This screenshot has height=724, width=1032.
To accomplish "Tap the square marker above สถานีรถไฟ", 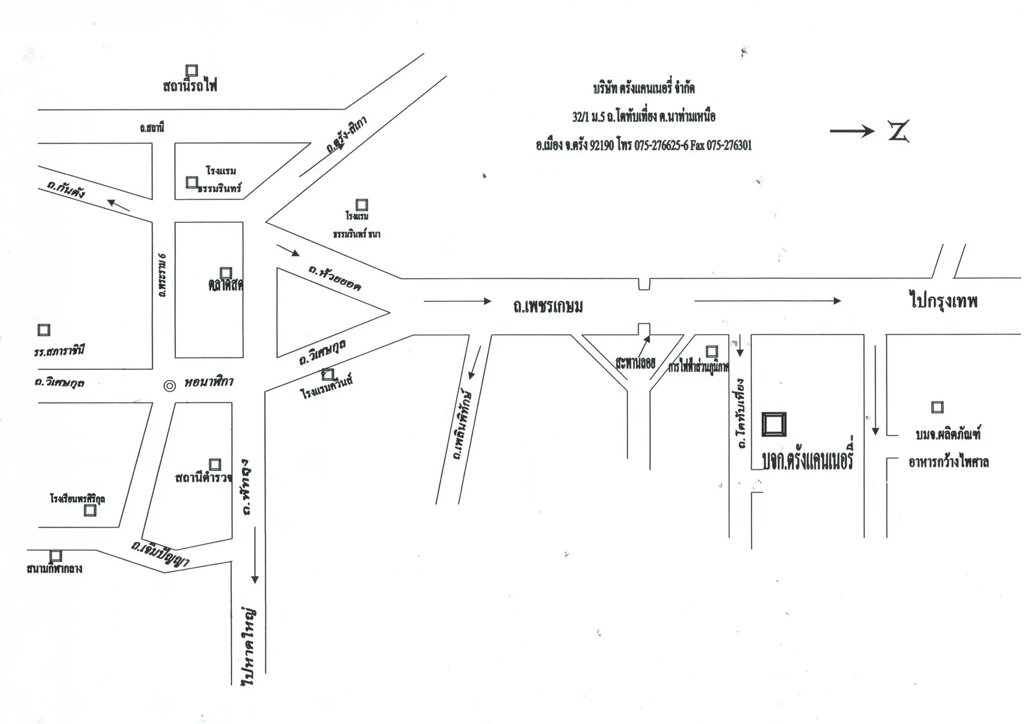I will coord(192,70).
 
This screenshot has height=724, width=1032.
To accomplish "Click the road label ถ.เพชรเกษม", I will coord(548,306).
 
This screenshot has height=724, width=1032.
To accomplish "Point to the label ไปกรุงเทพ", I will coord(943,300).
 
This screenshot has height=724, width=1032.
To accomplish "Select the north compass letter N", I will coord(898,131).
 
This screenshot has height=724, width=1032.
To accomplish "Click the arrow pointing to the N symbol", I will coord(852,131).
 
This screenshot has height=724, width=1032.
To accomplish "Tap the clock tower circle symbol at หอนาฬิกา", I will coord(169,386).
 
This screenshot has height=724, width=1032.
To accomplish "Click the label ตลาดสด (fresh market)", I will coord(225,285).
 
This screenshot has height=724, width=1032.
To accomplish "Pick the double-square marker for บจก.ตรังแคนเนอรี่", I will coord(774,424).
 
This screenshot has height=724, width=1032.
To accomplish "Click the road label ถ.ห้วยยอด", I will coord(335,277).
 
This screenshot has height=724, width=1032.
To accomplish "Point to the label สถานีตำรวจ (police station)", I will coord(204,477).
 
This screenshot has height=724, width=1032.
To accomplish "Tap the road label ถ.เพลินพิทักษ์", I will coord(463,425).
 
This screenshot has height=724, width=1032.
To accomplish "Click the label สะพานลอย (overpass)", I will coord(635,363).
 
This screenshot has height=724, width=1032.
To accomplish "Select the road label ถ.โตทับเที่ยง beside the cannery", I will coord(741,414).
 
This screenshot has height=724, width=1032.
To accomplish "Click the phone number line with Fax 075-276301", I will coord(643,145).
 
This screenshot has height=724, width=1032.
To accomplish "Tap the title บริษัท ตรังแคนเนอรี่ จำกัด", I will coord(643,88).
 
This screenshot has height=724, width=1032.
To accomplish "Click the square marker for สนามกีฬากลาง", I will coord(56,556).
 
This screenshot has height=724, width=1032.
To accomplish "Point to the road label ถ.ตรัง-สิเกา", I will coord(347,134).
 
